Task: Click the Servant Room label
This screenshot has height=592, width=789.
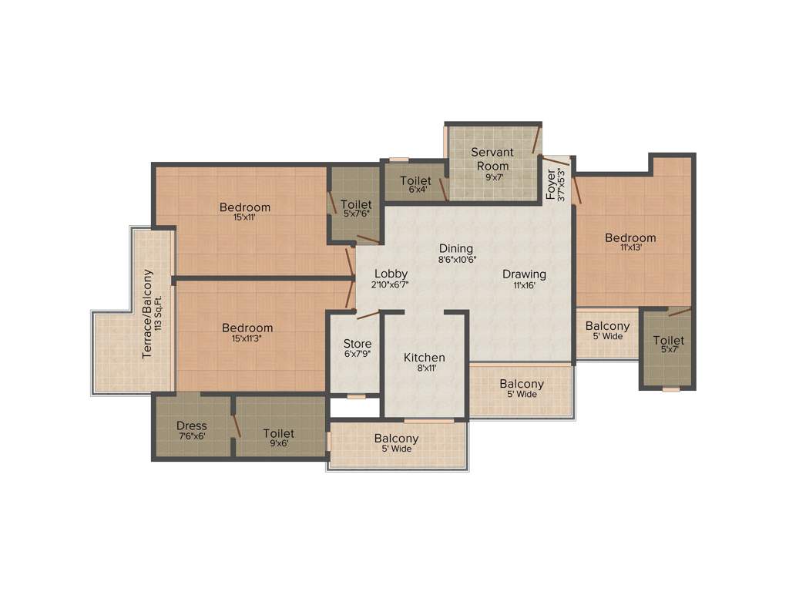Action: click(x=492, y=159)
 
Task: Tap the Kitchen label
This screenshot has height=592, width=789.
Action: click(x=425, y=358)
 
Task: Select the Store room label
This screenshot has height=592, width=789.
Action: click(x=358, y=344)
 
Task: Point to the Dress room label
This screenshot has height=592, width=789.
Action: click(x=192, y=425)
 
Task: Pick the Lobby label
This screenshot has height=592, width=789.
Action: click(x=391, y=274)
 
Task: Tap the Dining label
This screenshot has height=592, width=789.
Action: click(x=456, y=248)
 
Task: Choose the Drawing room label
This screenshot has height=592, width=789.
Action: click(x=524, y=274)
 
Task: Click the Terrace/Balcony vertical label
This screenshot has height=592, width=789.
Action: click(x=148, y=314)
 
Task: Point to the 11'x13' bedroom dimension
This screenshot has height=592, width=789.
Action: click(x=630, y=248)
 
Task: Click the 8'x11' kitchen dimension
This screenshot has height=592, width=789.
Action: click(x=425, y=369)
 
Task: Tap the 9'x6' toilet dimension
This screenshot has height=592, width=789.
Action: click(x=278, y=443)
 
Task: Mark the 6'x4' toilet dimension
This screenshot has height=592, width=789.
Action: click(x=416, y=190)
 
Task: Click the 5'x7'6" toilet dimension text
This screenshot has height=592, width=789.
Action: click(x=356, y=214)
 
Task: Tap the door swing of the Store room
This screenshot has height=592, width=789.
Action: click(x=368, y=313)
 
